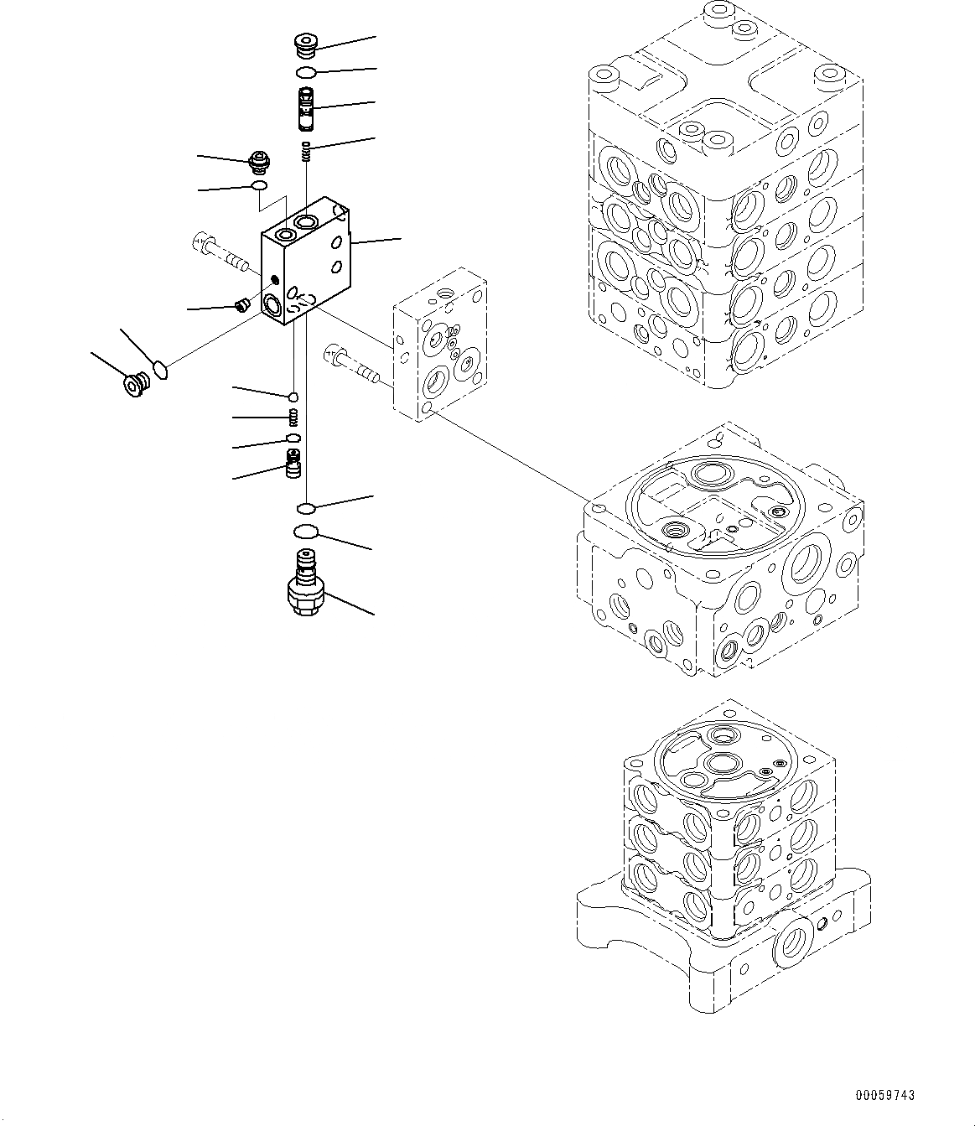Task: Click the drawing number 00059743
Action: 885,1095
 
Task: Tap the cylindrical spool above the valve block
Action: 307,109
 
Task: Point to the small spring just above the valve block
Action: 307,151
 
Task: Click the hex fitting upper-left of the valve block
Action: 261,159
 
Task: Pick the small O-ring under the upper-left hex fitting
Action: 260,185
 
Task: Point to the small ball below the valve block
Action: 293,397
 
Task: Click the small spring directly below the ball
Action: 293,417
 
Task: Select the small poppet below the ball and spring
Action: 293,463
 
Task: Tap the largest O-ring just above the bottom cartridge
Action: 307,531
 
